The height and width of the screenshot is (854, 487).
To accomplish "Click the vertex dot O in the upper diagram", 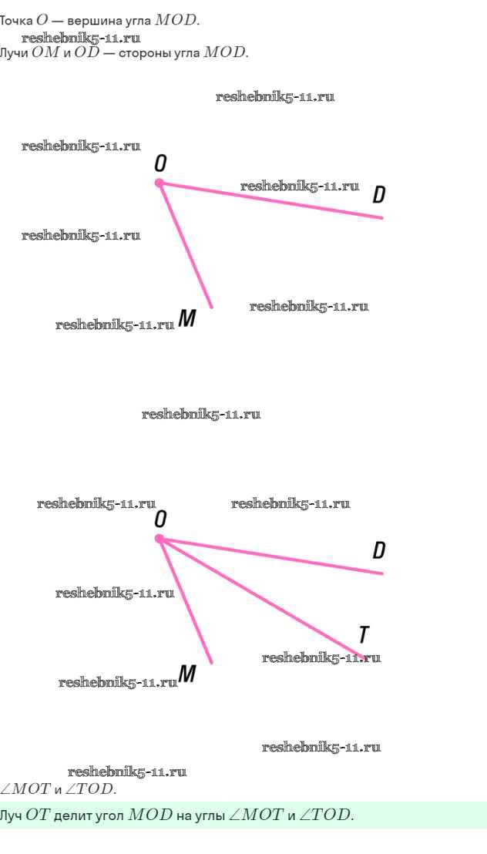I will coord(160,183).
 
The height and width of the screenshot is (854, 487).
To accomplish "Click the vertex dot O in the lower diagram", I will coord(160,539).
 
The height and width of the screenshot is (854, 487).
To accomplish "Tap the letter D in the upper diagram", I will coord(378,194).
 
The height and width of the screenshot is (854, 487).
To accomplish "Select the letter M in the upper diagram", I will coord(186,318).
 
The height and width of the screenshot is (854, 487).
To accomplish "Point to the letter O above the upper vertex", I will coord(160,163).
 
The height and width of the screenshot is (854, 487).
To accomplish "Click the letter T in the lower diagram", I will coord(364,634).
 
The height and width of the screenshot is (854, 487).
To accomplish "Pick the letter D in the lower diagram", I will coord(378,550).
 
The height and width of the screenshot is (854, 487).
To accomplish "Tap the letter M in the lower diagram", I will coord(186,674).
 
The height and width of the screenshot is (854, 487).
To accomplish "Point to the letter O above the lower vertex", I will coord(160,519).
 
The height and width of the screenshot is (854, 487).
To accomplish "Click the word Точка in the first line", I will coord(16,21).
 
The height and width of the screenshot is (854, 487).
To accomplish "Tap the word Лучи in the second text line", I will coord(13,53).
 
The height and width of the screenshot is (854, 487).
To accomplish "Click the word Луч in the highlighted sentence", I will coord(12,815).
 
